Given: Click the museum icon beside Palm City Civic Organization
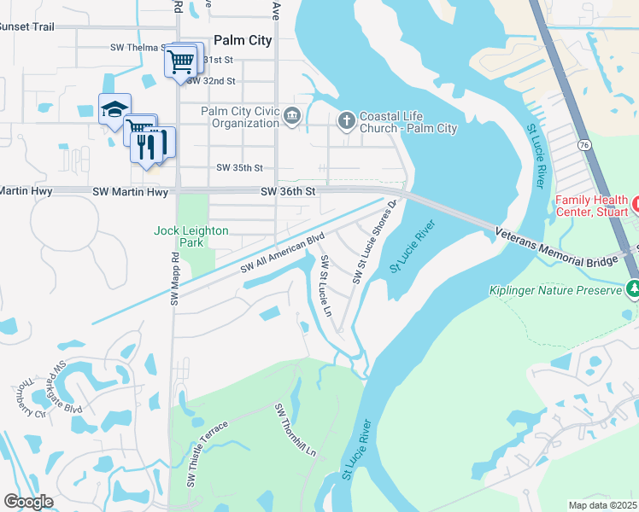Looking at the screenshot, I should (x=292, y=117).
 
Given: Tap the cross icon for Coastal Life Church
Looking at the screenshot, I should (x=346, y=119).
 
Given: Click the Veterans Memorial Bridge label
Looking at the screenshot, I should (x=564, y=249).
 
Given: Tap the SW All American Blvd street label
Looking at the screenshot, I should (x=284, y=253).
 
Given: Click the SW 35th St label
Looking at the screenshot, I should (x=239, y=168).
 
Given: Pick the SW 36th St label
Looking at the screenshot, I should (x=289, y=193).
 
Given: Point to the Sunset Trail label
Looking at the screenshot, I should (x=27, y=27).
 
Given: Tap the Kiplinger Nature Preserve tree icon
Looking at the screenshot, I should (x=632, y=290).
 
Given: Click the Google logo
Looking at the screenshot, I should (x=28, y=502).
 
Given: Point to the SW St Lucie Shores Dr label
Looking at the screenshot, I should (x=374, y=241).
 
